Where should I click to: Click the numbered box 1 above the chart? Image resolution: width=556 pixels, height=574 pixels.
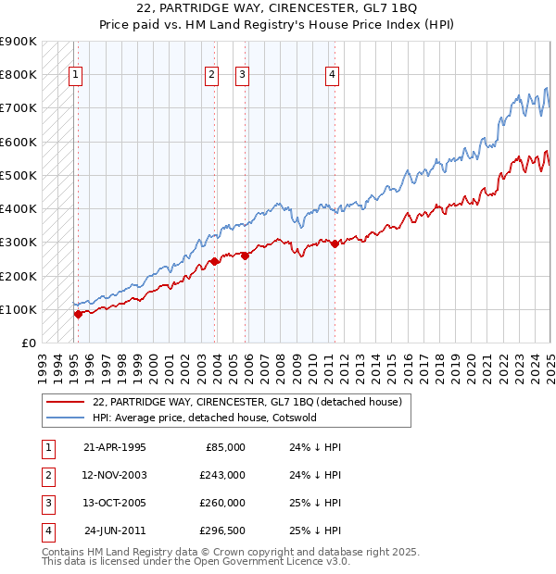(x=75, y=76)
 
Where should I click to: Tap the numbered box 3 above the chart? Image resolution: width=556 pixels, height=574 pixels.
(x=242, y=76)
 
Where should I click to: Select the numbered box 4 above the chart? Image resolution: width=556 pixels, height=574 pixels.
(x=332, y=76)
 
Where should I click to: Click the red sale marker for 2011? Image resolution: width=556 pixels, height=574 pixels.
(x=335, y=243)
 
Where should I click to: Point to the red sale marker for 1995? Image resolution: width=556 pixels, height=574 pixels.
(x=78, y=314)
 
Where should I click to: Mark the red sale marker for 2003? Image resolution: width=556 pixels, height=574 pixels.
(x=214, y=261)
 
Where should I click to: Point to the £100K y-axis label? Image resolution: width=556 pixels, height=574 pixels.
(x=19, y=309)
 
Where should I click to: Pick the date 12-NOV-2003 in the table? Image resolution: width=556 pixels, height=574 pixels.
(x=114, y=475)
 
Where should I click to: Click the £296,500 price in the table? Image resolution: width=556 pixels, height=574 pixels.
(x=222, y=530)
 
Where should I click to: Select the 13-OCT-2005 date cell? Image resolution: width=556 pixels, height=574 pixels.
(x=114, y=503)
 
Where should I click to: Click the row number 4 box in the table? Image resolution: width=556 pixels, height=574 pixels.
(x=45, y=530)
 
